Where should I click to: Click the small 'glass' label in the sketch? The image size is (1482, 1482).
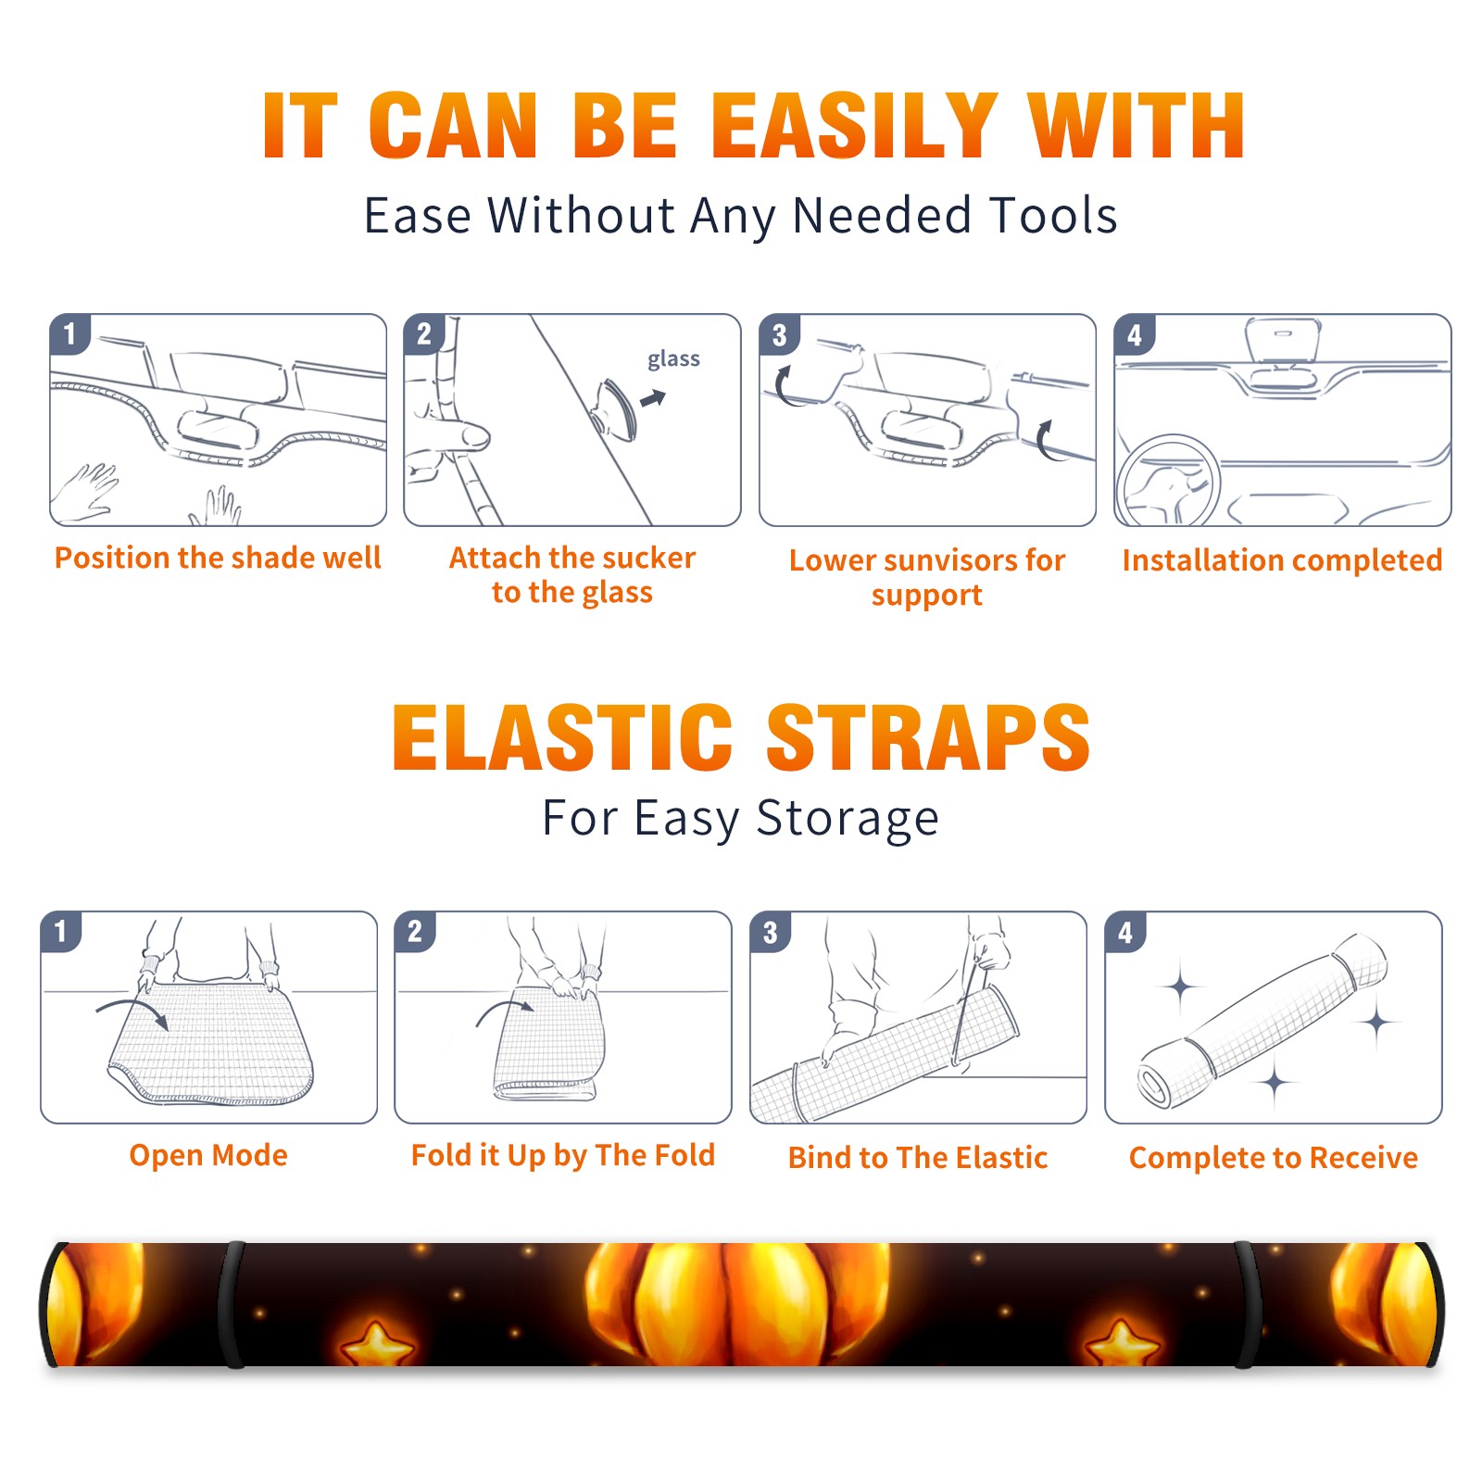(x=673, y=358)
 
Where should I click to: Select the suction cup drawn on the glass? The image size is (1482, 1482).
(x=617, y=408)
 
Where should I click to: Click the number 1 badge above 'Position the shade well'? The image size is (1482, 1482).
(x=70, y=333)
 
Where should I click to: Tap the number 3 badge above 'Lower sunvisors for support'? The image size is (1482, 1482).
(x=779, y=334)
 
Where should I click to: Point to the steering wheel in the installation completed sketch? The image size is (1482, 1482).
(x=1168, y=480)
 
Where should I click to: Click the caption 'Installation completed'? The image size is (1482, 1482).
(x=1282, y=559)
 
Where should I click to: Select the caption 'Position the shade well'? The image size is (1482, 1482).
(x=218, y=558)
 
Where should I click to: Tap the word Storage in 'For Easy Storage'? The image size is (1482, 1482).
(x=848, y=819)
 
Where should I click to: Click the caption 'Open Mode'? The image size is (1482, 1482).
(x=208, y=1155)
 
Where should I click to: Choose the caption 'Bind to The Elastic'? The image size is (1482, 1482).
(x=918, y=1158)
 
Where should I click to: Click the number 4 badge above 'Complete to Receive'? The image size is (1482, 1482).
(x=1125, y=932)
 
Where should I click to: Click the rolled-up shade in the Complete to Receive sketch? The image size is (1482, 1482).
(x=1262, y=1021)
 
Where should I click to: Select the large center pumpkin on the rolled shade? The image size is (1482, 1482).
(x=736, y=1304)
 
